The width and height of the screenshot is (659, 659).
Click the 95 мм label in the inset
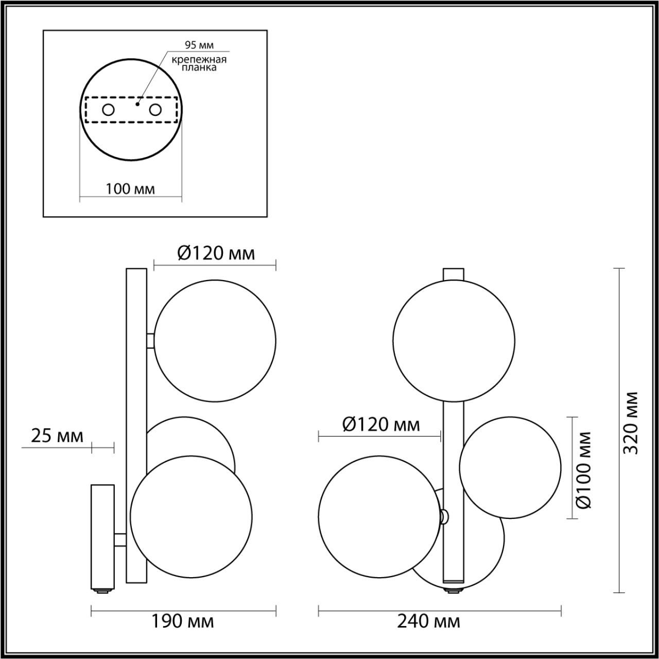point(199,45)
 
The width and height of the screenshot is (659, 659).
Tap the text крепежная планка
point(199,63)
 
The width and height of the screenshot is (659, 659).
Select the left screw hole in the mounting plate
point(108,110)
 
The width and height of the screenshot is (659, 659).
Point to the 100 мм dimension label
point(130,189)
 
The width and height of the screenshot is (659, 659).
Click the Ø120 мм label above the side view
point(216,253)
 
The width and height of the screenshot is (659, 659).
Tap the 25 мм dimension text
point(57,436)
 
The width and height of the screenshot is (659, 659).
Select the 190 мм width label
point(182,621)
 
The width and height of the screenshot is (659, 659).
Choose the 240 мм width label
point(429,621)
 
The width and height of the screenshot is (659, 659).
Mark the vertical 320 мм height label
point(632,423)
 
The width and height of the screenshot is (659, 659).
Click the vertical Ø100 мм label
point(584,469)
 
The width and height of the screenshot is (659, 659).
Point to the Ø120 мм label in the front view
point(381,425)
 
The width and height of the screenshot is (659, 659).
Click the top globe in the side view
point(215,341)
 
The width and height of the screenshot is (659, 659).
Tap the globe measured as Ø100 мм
point(510,467)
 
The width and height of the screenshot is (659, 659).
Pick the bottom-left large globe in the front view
point(379,516)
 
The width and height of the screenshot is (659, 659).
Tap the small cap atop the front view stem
point(454,273)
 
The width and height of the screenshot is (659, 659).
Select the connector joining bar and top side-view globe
point(150,341)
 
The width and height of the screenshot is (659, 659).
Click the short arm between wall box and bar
point(120,540)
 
